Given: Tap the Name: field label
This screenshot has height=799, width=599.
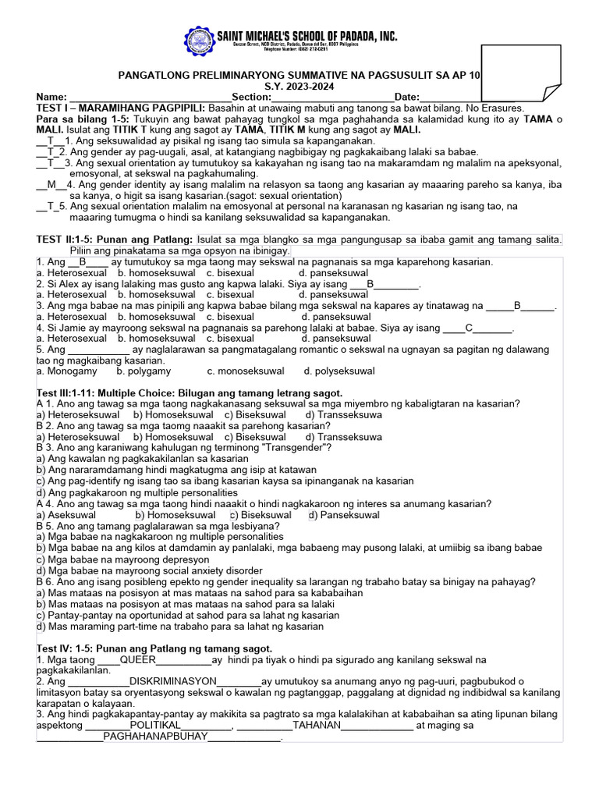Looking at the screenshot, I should [51, 97].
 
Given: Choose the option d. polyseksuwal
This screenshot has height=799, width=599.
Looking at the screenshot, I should [339, 371].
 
